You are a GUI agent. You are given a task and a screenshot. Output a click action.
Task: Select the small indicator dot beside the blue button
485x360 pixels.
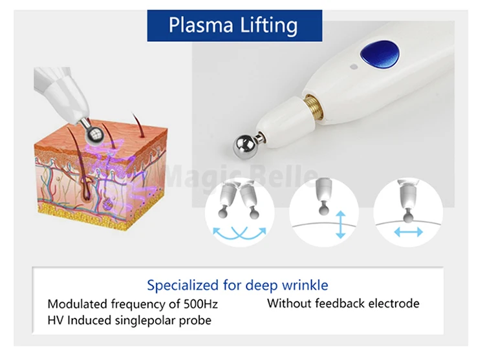click(x=352, y=66)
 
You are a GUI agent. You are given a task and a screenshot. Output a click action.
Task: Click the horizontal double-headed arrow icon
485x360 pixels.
click(x=409, y=231)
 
